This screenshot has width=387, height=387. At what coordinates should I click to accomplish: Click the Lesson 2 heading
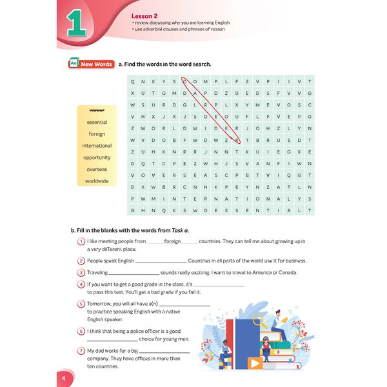(145, 14)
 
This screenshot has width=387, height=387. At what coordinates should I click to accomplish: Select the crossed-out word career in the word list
(97, 110)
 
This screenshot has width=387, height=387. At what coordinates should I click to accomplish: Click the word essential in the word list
(97, 122)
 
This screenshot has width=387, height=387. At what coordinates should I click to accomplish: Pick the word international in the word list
(97, 146)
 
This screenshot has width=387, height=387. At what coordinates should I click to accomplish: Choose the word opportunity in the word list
(97, 157)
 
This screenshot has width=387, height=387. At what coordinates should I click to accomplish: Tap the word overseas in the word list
(97, 169)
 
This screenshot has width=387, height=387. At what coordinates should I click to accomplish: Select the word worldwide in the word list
(97, 181)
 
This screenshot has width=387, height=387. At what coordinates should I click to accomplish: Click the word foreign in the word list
(97, 134)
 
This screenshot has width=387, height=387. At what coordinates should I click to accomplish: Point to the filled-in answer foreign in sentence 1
(172, 241)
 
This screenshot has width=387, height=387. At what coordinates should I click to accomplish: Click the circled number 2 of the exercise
(81, 261)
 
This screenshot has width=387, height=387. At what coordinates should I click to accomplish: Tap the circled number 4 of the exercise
(81, 284)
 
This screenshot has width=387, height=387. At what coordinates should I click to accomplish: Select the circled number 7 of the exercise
(81, 351)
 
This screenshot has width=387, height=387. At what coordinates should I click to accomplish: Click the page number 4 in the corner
(63, 377)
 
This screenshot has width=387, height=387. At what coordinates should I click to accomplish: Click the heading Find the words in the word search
(164, 64)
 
